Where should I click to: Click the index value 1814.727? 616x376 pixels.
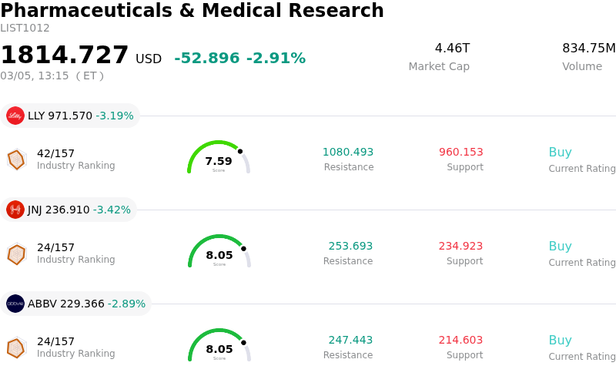(65, 55)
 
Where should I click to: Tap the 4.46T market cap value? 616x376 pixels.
(452, 49)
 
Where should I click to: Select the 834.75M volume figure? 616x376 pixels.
(588, 49)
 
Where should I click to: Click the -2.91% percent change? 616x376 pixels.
(276, 59)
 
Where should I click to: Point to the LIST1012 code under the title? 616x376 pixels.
(25, 29)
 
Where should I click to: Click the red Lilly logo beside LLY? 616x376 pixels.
(15, 116)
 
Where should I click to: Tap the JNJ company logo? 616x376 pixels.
(15, 210)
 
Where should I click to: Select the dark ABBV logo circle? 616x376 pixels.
(15, 304)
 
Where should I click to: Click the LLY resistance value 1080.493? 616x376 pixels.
(348, 153)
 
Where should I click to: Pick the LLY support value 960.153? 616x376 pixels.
(461, 153)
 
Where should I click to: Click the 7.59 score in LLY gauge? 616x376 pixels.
(219, 161)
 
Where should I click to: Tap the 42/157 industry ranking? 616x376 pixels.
(55, 153)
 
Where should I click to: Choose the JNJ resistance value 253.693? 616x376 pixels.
(350, 247)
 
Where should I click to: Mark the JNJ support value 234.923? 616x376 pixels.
(461, 247)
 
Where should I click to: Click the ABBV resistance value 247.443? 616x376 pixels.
(350, 341)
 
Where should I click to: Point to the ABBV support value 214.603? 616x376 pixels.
(461, 341)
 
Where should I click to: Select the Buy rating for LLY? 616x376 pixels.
(560, 153)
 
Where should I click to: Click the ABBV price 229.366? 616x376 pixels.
(82, 304)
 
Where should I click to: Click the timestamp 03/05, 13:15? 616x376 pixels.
(35, 76)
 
